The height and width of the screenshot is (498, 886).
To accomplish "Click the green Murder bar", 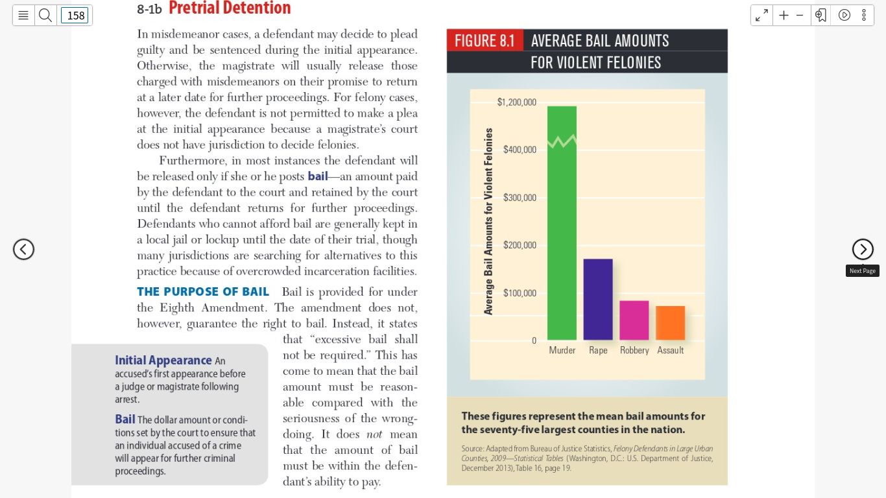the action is [562, 223].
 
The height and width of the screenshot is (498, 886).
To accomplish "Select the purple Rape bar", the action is [598, 300].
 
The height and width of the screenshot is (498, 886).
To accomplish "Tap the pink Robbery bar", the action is [634, 320].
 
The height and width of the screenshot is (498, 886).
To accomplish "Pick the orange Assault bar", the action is [671, 323].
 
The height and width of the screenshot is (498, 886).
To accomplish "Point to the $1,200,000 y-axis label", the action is [516, 102].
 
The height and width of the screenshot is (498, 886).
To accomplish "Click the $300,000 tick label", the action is [520, 197].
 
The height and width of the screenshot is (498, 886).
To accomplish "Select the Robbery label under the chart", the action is [634, 350].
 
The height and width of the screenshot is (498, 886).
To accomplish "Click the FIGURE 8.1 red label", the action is [485, 40].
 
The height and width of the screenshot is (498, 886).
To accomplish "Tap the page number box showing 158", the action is [75, 16].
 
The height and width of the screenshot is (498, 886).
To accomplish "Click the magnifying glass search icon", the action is [45, 16].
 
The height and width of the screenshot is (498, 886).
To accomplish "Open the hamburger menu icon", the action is [23, 16].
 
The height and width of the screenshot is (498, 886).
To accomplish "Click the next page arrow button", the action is [863, 249].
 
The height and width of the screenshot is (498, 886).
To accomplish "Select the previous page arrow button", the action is [23, 249].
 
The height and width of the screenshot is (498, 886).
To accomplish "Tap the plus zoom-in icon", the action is [784, 16].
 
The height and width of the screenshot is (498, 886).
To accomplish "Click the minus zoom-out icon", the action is [800, 16].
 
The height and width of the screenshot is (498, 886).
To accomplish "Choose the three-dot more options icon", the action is [864, 16].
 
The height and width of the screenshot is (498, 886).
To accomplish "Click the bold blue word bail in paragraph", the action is [318, 176].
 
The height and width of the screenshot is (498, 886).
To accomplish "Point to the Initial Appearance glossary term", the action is [163, 360].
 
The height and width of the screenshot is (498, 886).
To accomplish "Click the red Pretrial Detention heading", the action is [230, 8].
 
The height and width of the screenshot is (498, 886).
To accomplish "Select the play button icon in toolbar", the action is [844, 16].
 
